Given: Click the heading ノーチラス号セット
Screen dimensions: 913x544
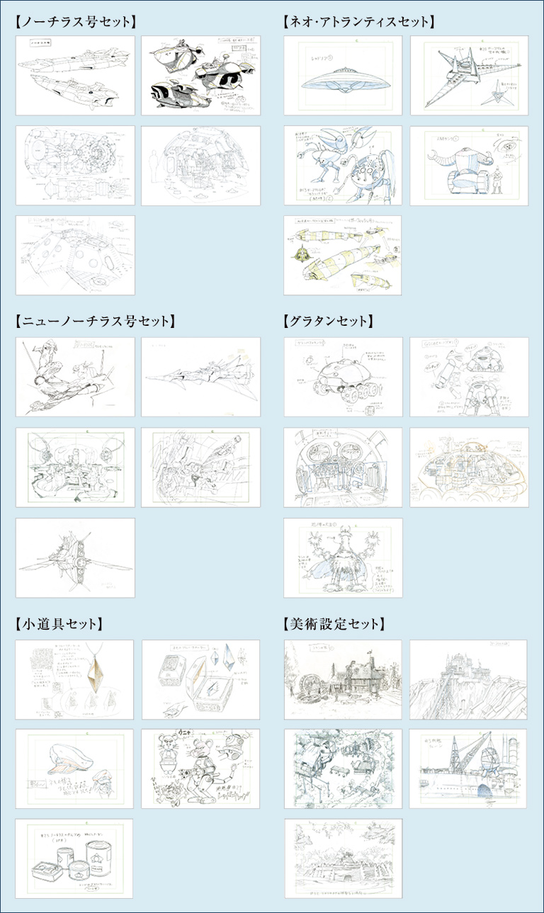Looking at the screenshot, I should pos(75,22).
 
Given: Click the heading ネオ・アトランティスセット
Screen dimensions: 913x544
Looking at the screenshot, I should pos(357,22).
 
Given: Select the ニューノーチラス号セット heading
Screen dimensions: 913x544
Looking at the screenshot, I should pos(94,322).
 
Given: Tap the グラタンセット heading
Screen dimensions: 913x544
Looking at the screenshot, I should pos(327,322).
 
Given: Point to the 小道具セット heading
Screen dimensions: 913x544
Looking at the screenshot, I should pos(59,624).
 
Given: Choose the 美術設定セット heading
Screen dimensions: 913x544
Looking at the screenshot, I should pos(334,624).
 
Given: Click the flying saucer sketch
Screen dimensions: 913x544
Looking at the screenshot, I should pos(343,75).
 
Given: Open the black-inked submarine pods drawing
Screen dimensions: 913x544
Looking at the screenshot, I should pos(200,75).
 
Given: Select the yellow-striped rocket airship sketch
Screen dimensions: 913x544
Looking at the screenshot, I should pos(343,255).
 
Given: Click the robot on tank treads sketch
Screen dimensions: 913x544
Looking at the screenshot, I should pos(469,166).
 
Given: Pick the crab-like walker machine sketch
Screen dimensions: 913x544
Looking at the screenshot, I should pos(343,166).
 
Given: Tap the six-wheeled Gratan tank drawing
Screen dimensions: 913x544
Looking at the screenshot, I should pos(343,377).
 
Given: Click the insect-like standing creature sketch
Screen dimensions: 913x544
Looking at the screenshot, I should pos(343,557).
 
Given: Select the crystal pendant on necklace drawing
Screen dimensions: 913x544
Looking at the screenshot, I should pos(74,679).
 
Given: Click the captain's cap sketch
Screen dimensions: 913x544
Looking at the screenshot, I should pos(74,769).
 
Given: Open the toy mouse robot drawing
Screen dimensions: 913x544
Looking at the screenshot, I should pos(200,769).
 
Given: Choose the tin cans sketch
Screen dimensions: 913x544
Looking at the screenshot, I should pos(74,858).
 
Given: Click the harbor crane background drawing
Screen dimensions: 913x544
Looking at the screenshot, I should pos(469,769).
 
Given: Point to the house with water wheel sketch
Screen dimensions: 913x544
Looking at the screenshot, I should pos(343,679).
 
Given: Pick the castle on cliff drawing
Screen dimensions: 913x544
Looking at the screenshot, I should pos(469,679).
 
